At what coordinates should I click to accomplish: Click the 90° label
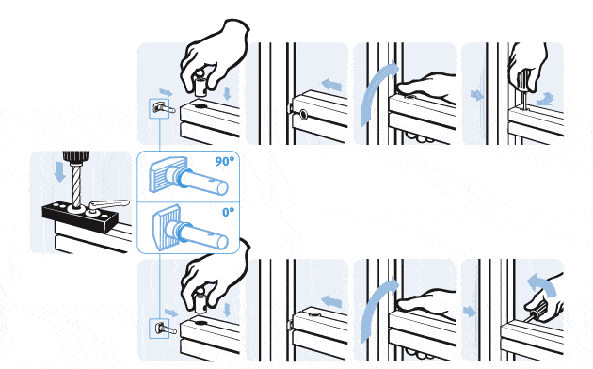pyautogui.click(x=225, y=162)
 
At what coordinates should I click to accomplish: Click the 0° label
pyautogui.click(x=228, y=212)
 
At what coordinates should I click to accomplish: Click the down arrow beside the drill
pyautogui.click(x=59, y=172)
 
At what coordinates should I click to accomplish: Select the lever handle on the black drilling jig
pyautogui.click(x=109, y=204)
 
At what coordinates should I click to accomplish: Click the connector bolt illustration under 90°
pyautogui.click(x=188, y=177)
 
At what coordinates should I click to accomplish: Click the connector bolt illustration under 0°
pyautogui.click(x=190, y=228)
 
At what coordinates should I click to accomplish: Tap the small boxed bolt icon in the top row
pyautogui.click(x=159, y=108)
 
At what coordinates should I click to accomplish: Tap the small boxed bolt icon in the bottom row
pyautogui.click(x=159, y=329)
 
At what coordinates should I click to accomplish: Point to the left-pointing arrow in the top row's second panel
pyautogui.click(x=331, y=85)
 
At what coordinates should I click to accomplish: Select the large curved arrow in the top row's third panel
pyautogui.click(x=377, y=92)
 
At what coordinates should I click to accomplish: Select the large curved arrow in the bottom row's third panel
pyautogui.click(x=377, y=310)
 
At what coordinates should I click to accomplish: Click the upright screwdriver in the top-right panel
pyautogui.click(x=523, y=90)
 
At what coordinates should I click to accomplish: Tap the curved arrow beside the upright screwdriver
pyautogui.click(x=545, y=100)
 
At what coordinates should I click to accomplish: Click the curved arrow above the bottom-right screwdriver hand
pyautogui.click(x=543, y=283)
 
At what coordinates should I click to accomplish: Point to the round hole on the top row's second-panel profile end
pyautogui.click(x=303, y=115)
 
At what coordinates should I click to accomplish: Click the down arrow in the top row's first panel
pyautogui.click(x=227, y=93)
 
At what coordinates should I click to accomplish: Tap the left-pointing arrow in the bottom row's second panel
pyautogui.click(x=331, y=301)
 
